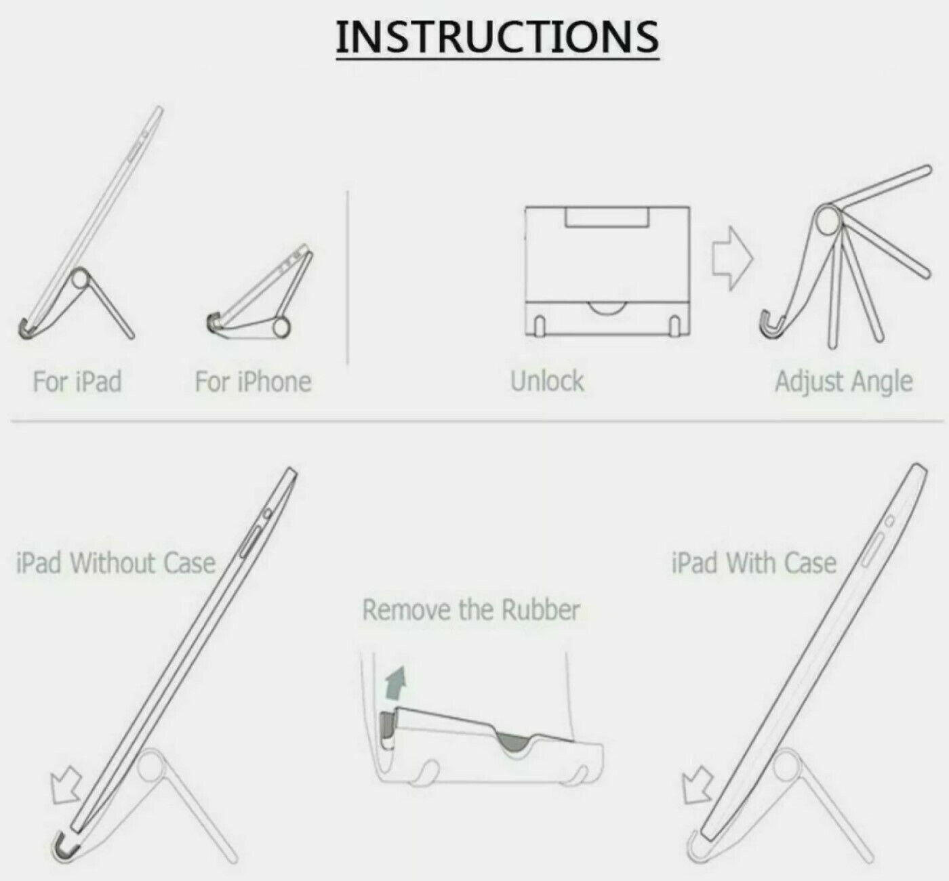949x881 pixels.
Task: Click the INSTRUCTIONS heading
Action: tap(498, 37)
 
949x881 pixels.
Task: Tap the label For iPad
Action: tap(77, 382)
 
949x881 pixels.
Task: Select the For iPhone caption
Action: tap(254, 382)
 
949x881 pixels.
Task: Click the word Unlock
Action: tap(547, 382)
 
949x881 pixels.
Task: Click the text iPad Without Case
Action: tap(116, 562)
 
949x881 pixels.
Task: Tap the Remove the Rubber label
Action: tap(471, 610)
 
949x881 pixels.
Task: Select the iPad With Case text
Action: tap(754, 562)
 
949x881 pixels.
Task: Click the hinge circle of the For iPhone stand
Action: tap(281, 327)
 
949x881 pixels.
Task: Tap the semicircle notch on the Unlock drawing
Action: tap(607, 309)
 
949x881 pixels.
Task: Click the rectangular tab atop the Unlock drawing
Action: tap(607, 218)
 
